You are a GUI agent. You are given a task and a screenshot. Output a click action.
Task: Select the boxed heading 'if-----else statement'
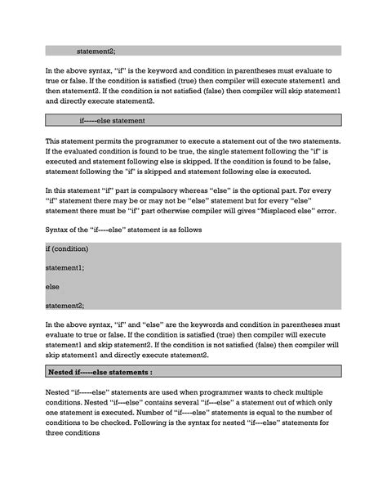tap(112, 121)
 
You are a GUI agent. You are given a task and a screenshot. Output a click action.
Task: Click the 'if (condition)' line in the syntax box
tap(67, 248)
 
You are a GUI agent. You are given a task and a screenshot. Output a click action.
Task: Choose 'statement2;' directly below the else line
tap(65, 306)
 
